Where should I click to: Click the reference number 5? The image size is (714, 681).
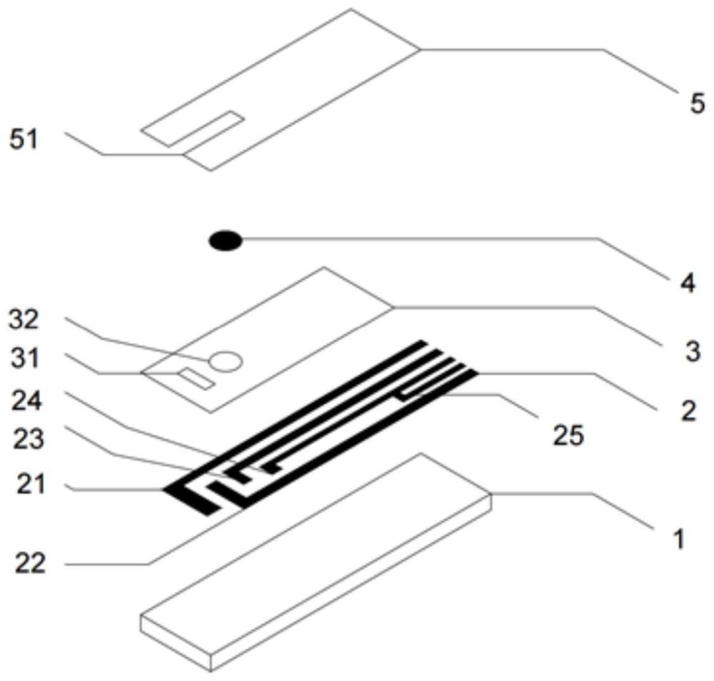[697, 104]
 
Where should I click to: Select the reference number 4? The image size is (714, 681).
[687, 283]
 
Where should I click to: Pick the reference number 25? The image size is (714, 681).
[568, 435]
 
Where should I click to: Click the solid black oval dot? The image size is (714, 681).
[226, 241]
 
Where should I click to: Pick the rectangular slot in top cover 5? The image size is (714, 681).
[193, 128]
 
